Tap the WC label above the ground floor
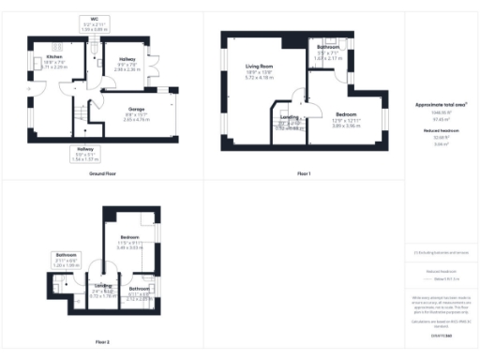[95, 19]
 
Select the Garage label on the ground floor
[136, 110]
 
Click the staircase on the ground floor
[80, 115]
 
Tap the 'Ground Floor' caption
[103, 174]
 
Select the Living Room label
[259, 67]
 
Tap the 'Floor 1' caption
[303, 174]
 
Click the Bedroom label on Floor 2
[128, 239]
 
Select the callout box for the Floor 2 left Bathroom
[66, 260]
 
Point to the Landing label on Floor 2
[102, 285]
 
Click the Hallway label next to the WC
[128, 57]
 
